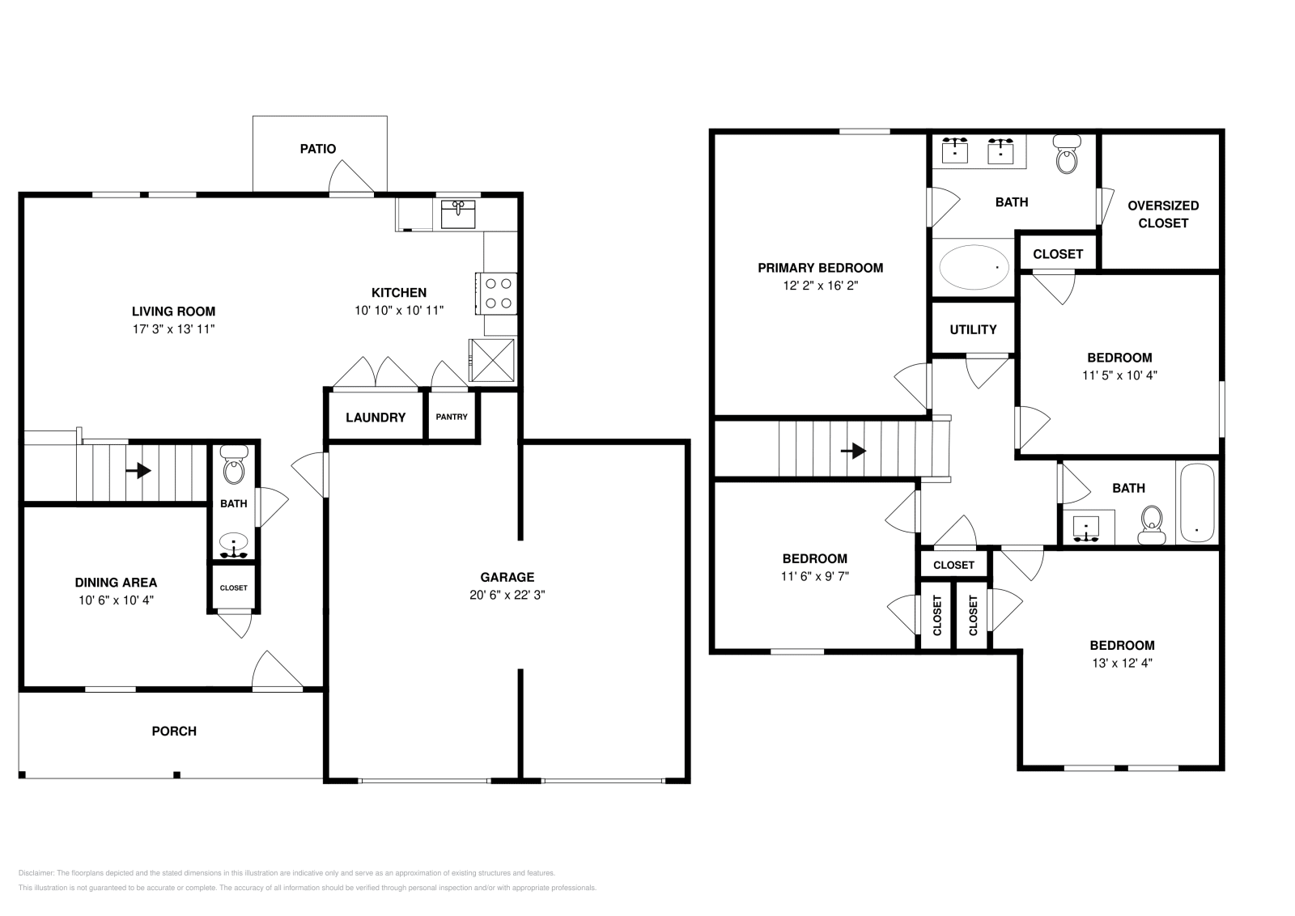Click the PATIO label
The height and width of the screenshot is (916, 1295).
(x=317, y=149)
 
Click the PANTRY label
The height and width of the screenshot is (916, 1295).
(x=452, y=417)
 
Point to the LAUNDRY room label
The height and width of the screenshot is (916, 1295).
(x=375, y=418)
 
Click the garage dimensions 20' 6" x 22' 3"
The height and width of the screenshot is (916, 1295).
(x=507, y=595)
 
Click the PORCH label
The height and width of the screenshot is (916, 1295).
(x=174, y=732)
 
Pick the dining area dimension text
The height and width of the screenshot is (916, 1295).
(x=116, y=600)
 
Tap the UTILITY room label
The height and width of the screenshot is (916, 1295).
(x=973, y=329)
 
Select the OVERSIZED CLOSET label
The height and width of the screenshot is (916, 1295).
(x=1163, y=214)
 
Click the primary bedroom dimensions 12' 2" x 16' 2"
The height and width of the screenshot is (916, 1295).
(x=820, y=286)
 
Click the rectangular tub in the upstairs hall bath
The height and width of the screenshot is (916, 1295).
(x=1197, y=503)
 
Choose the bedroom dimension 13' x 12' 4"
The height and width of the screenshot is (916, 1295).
(x=1122, y=663)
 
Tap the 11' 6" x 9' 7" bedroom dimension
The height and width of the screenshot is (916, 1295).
(x=814, y=576)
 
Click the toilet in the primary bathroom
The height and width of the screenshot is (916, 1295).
(x=1068, y=155)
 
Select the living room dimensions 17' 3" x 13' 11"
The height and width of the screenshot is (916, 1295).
(x=173, y=329)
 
